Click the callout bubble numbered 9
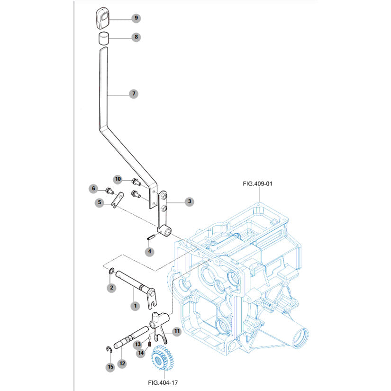click(136, 18)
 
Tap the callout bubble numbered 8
click(136, 36)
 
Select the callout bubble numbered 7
click(134, 94)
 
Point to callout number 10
click(118, 179)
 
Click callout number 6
click(94, 189)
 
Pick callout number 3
click(189, 202)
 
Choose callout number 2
click(111, 287)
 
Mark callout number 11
click(176, 331)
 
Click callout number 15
click(110, 366)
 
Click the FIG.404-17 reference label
click(163, 382)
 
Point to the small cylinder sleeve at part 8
click(104, 38)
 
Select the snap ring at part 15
click(108, 350)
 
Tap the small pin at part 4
click(151, 237)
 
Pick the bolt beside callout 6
click(109, 191)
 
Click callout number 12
click(122, 364)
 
